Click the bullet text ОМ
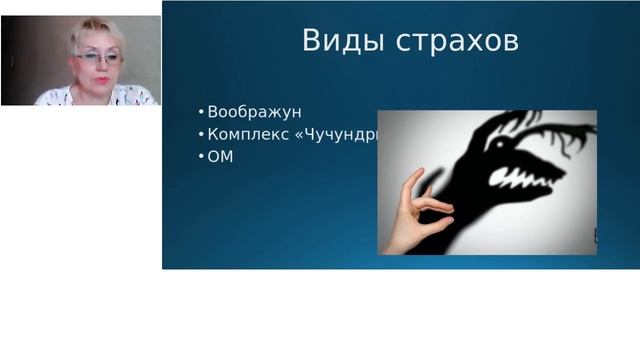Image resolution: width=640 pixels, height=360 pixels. (x=219, y=157)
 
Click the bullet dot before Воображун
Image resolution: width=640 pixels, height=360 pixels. (x=201, y=112)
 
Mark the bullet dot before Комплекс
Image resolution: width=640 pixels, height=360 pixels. (x=201, y=134)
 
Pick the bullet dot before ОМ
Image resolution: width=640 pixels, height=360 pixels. (x=201, y=157)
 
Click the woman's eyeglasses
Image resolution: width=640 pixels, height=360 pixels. (x=98, y=58)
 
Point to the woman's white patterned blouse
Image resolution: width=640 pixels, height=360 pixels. (x=95, y=97)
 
